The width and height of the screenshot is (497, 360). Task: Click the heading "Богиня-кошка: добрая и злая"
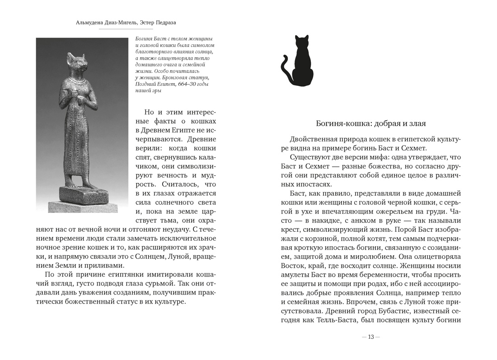[370, 123]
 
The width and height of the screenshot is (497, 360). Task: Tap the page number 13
[371, 337]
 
